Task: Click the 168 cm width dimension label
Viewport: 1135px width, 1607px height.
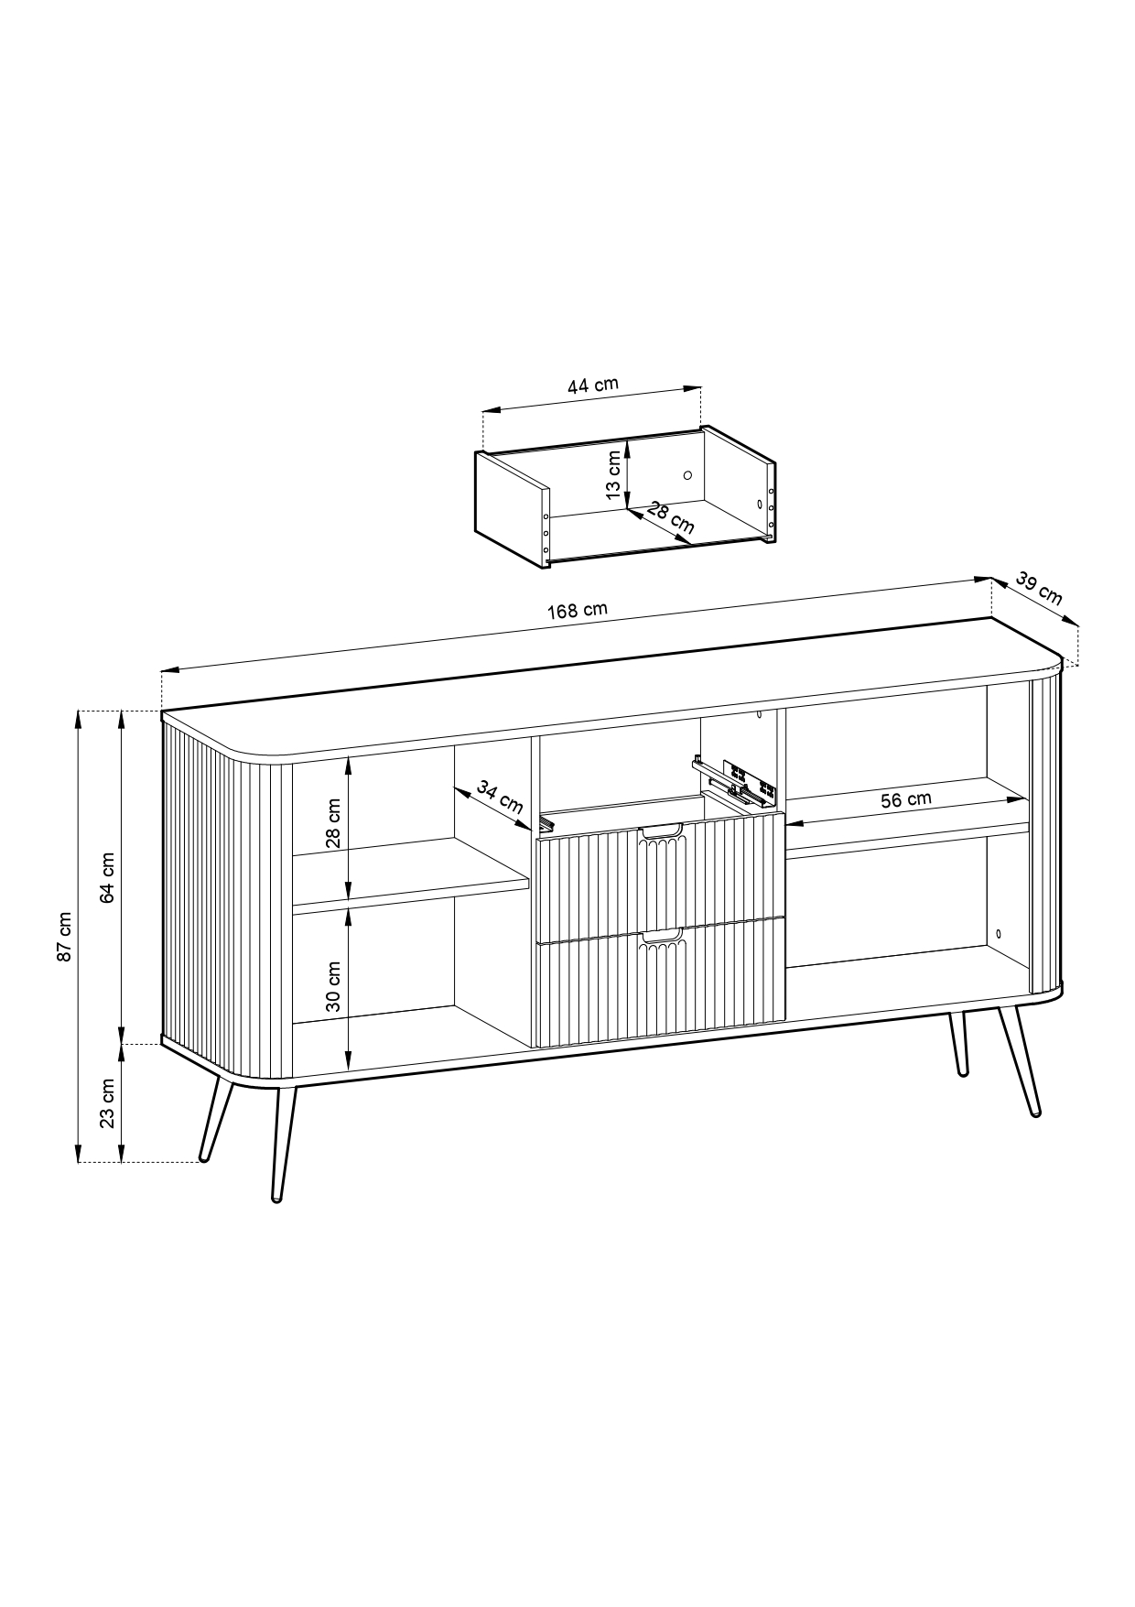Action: coord(578,611)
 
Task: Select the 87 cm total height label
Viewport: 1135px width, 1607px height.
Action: coord(63,936)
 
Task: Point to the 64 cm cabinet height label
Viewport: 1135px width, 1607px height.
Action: coord(107,878)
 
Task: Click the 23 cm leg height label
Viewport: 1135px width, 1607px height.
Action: coord(107,1103)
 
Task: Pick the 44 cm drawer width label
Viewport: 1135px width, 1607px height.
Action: coord(593,385)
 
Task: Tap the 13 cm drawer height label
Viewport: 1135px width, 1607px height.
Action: coord(612,475)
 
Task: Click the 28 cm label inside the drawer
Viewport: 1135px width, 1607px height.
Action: coord(671,517)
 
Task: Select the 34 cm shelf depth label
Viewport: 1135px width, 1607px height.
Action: coord(500,798)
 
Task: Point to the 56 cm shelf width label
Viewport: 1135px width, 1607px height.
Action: coord(906,799)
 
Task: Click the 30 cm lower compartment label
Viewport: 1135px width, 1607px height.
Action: coord(333,986)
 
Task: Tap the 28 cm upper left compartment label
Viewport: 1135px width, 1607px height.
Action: coord(333,823)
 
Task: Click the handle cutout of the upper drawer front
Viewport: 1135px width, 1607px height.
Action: coord(661,831)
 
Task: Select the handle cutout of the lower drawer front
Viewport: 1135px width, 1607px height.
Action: coord(661,937)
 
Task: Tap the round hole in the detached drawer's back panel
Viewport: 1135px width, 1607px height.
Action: coord(687,475)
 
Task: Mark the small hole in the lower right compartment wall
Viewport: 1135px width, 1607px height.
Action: coord(998,934)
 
